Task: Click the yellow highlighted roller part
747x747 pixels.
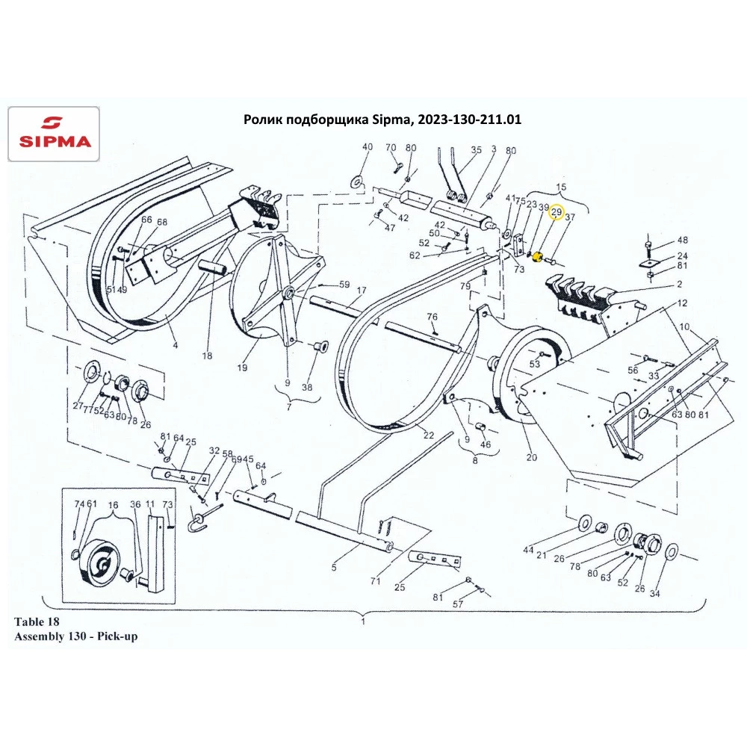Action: pyautogui.click(x=537, y=257)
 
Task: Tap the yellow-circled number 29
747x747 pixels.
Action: pyautogui.click(x=557, y=212)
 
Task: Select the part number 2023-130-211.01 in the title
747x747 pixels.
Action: pyautogui.click(x=469, y=119)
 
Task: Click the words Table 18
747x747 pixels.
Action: pyautogui.click(x=37, y=622)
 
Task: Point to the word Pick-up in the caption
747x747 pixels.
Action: pyautogui.click(x=117, y=636)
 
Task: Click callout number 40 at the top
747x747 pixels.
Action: pyautogui.click(x=368, y=146)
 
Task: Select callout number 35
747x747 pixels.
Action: pyautogui.click(x=477, y=149)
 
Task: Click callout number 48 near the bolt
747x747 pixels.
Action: pyautogui.click(x=682, y=240)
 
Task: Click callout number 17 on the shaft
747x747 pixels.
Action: pyautogui.click(x=362, y=290)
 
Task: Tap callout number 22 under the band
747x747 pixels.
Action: pyautogui.click(x=429, y=435)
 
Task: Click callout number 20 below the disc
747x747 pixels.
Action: pyautogui.click(x=532, y=457)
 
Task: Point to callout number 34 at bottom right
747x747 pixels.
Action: pyautogui.click(x=654, y=594)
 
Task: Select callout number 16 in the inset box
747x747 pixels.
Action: pyautogui.click(x=113, y=506)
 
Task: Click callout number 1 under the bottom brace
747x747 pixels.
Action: pyautogui.click(x=363, y=622)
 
